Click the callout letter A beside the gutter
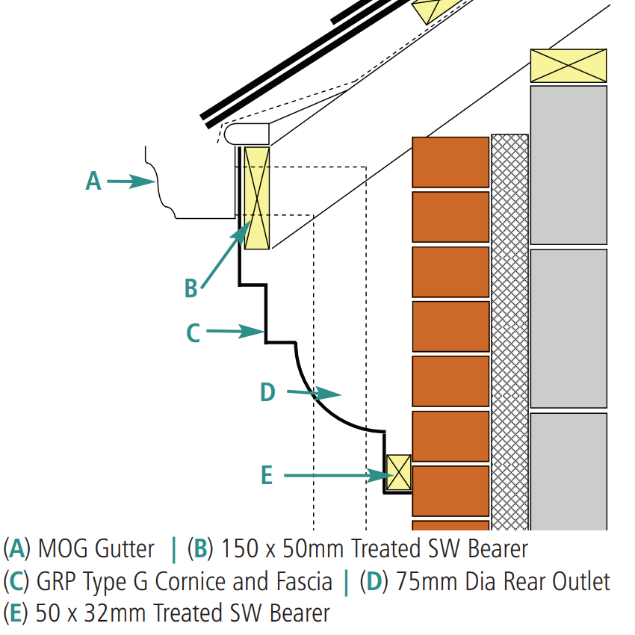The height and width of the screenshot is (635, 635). (x=93, y=181)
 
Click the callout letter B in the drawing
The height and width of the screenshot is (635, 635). (x=191, y=288)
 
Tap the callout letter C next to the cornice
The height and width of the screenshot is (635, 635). (x=193, y=332)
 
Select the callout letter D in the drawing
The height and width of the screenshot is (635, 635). (x=267, y=392)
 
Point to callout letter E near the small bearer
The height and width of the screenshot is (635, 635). (x=267, y=475)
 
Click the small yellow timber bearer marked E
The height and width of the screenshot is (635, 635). (x=399, y=472)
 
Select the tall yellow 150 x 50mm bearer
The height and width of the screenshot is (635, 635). (x=256, y=197)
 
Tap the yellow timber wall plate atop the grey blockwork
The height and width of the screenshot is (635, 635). (x=568, y=66)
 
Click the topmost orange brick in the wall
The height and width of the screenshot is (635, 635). (x=450, y=161)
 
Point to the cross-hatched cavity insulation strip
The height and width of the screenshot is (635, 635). (x=509, y=329)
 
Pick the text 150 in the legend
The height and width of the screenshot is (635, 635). (x=237, y=549)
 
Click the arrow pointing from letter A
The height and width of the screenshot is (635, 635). (x=131, y=181)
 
